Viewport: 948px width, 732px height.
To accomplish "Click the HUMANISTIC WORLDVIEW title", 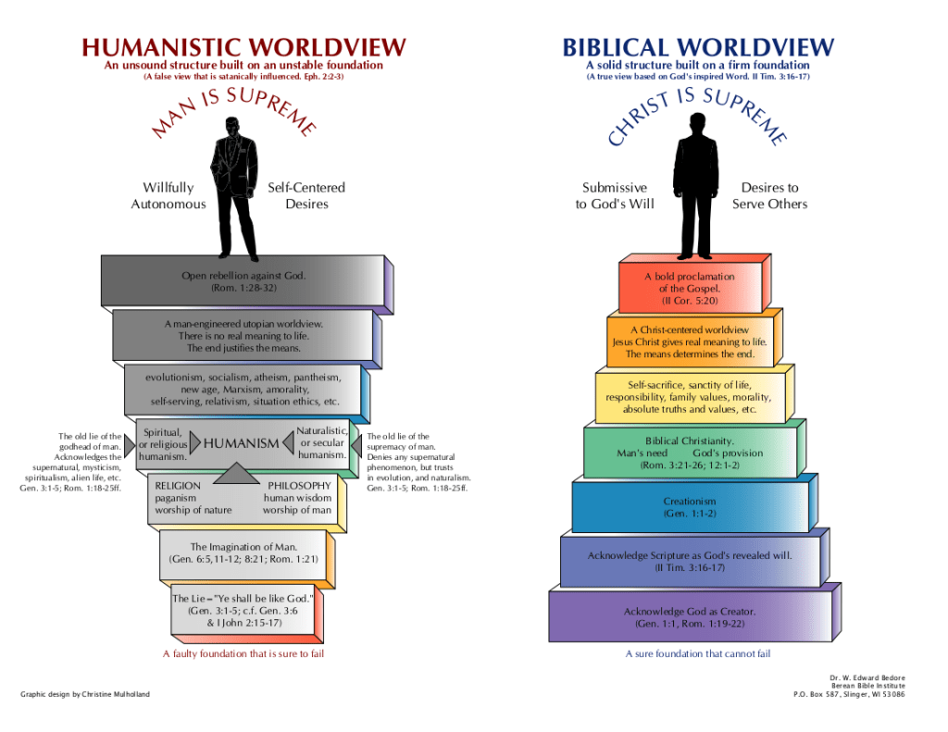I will point(243,47).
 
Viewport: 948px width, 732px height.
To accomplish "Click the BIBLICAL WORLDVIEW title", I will point(698,47).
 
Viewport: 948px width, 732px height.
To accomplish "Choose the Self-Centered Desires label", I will point(306,195).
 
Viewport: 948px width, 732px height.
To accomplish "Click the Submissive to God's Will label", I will point(614,195).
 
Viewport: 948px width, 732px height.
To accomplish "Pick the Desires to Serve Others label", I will point(769,195).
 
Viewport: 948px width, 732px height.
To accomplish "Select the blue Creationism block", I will point(689,507).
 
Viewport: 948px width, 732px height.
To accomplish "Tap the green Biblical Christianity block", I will point(689,453).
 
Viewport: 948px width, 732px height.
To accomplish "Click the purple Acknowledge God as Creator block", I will point(689,617).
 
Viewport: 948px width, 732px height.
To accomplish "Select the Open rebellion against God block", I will point(243,281).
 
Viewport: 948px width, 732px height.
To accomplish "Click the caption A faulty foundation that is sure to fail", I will point(243,654).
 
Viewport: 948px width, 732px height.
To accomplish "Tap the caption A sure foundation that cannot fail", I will point(698,654).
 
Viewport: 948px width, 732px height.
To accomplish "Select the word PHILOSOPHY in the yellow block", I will point(299,486).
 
